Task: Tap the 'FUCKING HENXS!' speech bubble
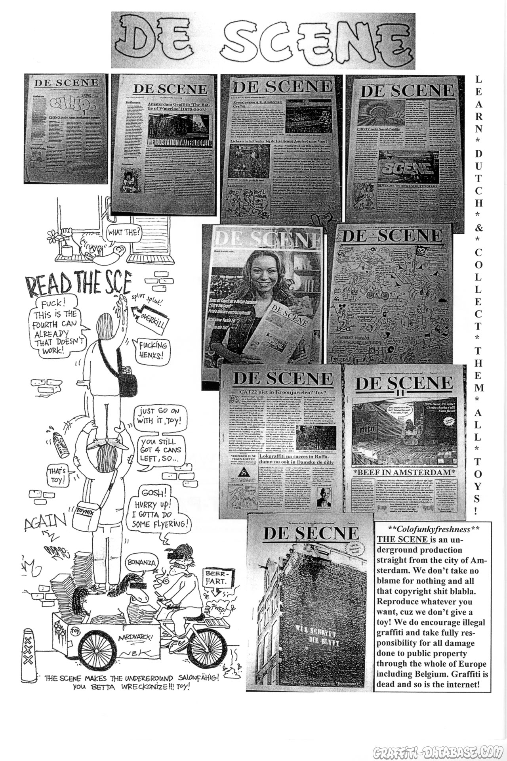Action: point(152,350)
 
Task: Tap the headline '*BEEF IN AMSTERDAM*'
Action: point(403,472)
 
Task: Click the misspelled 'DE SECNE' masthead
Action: point(311,533)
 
